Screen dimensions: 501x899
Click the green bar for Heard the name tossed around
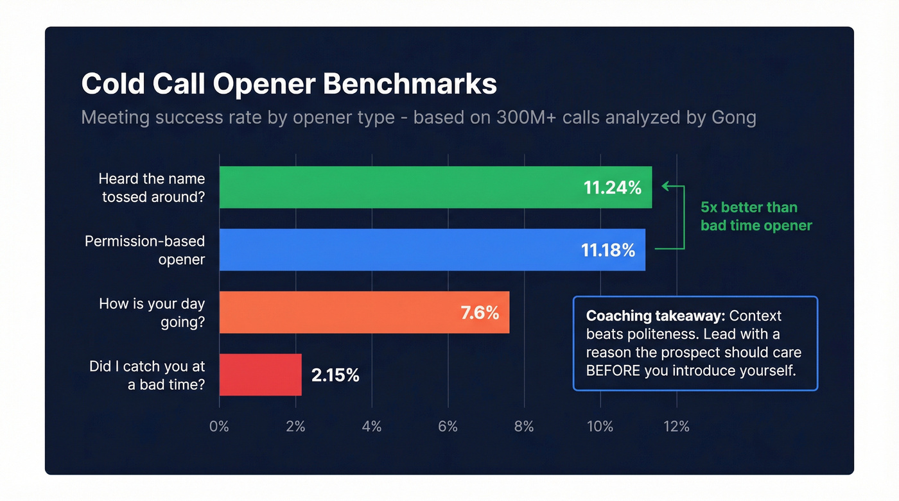(x=398, y=187)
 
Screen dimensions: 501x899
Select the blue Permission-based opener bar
(x=398, y=250)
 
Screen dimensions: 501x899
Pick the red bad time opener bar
(x=260, y=375)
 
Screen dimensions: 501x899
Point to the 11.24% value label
(x=612, y=187)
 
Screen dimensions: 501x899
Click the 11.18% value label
(x=608, y=250)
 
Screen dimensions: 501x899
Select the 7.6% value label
(x=480, y=312)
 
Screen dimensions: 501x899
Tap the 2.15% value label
(x=335, y=375)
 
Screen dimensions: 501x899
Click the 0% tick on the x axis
(x=219, y=427)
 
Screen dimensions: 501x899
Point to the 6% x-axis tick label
(x=448, y=427)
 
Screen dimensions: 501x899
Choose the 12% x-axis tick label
(x=676, y=427)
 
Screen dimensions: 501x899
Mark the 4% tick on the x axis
(x=371, y=427)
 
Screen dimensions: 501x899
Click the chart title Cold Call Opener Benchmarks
(x=289, y=85)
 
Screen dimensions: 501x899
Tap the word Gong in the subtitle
(x=733, y=118)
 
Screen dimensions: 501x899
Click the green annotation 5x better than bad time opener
(x=756, y=216)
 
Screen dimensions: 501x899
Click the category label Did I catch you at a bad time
(x=147, y=376)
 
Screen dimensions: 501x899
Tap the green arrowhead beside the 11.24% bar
(x=665, y=186)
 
